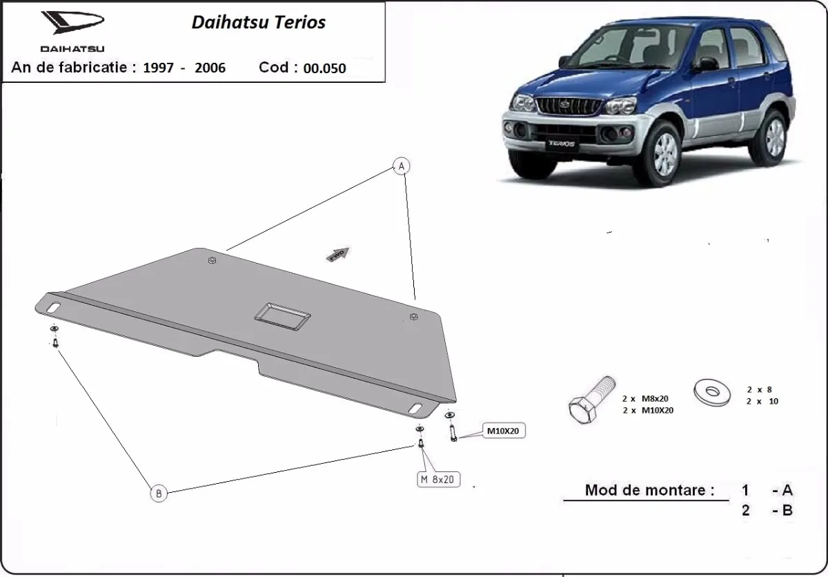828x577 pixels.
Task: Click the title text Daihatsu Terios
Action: click(x=258, y=22)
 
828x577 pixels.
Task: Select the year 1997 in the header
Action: click(x=158, y=68)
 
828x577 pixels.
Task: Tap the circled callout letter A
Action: click(x=401, y=166)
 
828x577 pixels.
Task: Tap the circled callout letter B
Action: click(x=159, y=493)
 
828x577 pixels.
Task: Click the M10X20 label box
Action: click(x=502, y=431)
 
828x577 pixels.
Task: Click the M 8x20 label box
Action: click(x=437, y=479)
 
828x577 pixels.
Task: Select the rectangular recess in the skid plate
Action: click(x=282, y=315)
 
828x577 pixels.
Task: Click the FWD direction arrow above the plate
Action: click(x=338, y=253)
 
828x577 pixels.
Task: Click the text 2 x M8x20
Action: click(x=645, y=398)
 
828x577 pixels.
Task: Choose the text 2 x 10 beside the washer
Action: click(x=762, y=401)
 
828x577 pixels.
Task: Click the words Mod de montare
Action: click(x=649, y=490)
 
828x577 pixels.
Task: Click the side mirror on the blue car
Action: click(x=708, y=65)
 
